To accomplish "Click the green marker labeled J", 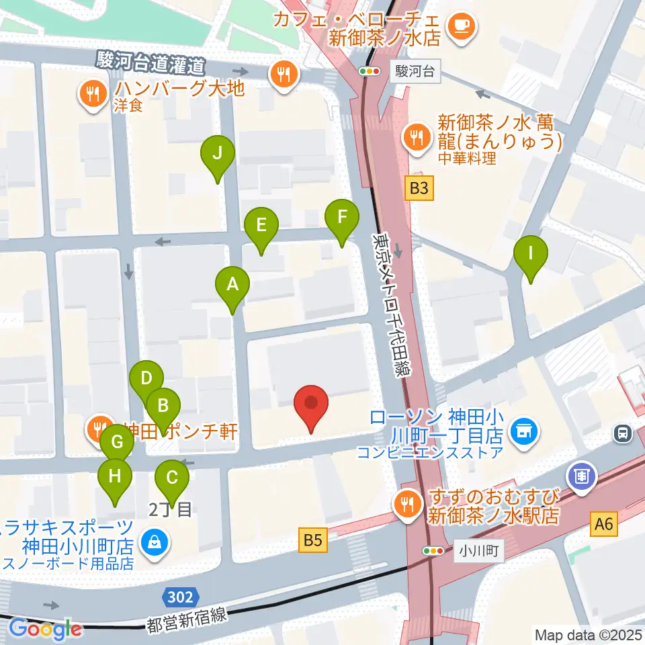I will [217, 154].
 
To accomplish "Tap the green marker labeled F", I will [342, 218].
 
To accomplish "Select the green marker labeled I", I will [531, 254].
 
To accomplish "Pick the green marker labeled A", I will [232, 285].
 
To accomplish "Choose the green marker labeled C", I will [172, 478].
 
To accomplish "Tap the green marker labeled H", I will [115, 477].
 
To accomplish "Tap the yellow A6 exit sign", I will [604, 523].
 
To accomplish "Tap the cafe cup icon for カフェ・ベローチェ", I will [462, 26].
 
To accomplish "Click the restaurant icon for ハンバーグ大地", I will [90, 93].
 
